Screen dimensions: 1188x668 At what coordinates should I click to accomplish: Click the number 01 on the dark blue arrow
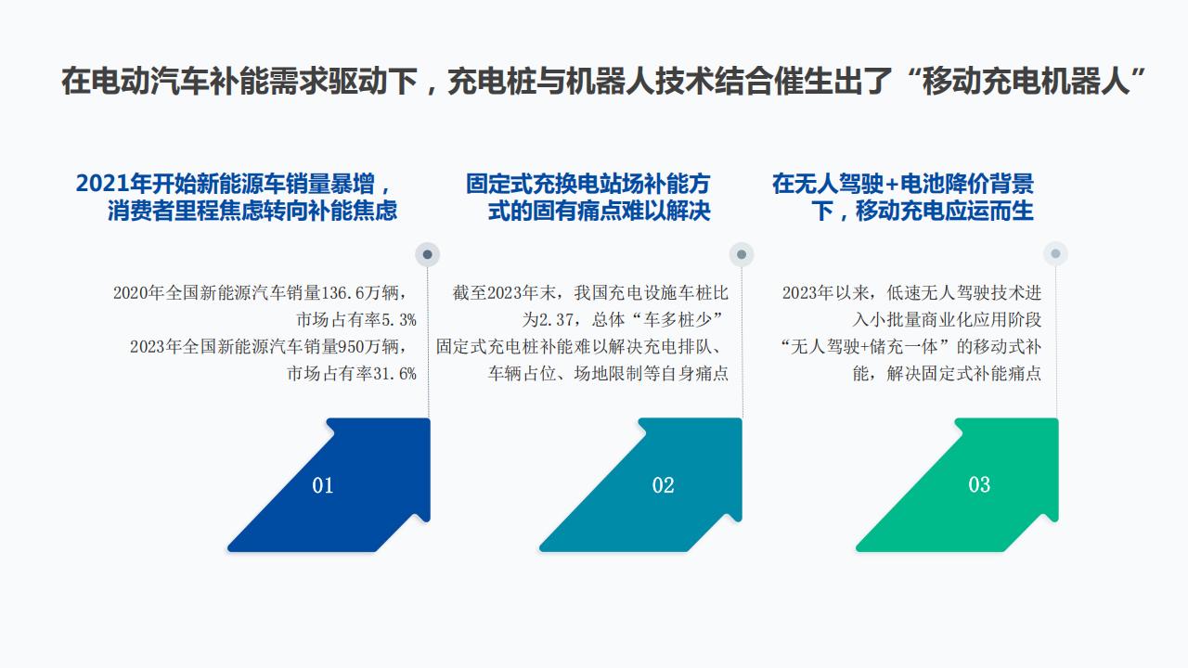tap(322, 485)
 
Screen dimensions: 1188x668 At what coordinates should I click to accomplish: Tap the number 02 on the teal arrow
tap(663, 485)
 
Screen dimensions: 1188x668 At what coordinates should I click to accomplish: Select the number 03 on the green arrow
tap(979, 484)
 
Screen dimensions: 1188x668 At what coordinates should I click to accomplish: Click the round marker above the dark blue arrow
tap(428, 254)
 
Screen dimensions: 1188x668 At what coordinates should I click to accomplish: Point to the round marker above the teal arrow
tap(742, 254)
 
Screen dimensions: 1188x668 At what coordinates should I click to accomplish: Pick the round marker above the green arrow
tap(1055, 254)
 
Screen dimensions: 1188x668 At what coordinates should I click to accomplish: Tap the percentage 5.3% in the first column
tap(399, 320)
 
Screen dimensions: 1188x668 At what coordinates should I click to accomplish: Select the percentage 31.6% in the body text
tap(394, 374)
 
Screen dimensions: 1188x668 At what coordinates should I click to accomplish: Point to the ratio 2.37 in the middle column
tap(556, 320)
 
